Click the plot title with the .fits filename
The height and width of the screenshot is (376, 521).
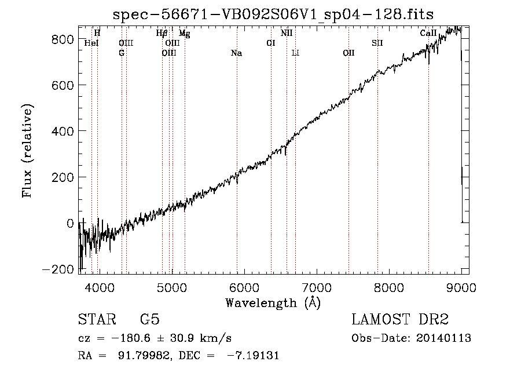click(x=273, y=14)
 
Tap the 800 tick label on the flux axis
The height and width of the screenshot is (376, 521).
click(x=63, y=39)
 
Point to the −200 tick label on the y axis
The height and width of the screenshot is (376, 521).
click(x=58, y=269)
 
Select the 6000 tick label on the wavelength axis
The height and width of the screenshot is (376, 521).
click(x=244, y=287)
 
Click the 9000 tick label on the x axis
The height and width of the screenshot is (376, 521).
click(x=461, y=287)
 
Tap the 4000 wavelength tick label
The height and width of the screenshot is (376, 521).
click(x=100, y=287)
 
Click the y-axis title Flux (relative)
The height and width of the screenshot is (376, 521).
click(x=27, y=151)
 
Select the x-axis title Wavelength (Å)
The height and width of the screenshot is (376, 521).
click(x=273, y=303)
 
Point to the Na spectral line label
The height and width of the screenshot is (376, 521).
click(x=237, y=53)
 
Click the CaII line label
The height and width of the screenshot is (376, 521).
click(x=428, y=33)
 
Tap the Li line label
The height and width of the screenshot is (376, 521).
click(x=295, y=53)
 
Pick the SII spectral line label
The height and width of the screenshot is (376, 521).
click(x=377, y=43)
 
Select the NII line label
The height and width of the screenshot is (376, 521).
click(x=287, y=33)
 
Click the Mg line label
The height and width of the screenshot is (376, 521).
click(x=185, y=34)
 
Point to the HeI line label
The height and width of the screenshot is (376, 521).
click(x=91, y=43)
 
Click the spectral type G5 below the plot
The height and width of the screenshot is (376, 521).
click(x=150, y=319)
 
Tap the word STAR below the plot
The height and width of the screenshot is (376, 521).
click(x=97, y=319)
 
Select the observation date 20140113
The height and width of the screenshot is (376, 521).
click(x=443, y=338)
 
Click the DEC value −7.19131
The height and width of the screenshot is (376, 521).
click(x=253, y=355)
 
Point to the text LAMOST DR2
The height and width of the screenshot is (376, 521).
click(x=400, y=319)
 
